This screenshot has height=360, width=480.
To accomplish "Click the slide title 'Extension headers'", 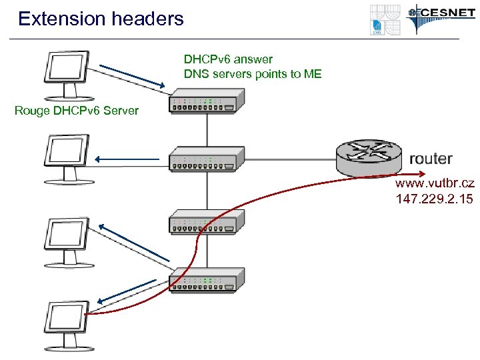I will (101, 19).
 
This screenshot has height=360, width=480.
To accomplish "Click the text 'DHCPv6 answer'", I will (228, 59).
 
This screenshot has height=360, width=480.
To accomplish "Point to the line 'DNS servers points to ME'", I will (253, 74).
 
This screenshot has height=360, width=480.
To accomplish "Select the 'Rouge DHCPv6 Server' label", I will (77, 110).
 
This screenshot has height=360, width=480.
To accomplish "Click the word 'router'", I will (431, 159).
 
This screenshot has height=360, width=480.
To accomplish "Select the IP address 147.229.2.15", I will (435, 199).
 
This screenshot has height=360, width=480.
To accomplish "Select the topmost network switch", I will (204, 103).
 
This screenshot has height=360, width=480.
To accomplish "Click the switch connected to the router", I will (204, 161).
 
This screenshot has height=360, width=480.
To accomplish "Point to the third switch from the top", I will (204, 221).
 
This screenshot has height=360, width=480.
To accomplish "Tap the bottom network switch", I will (204, 281).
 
